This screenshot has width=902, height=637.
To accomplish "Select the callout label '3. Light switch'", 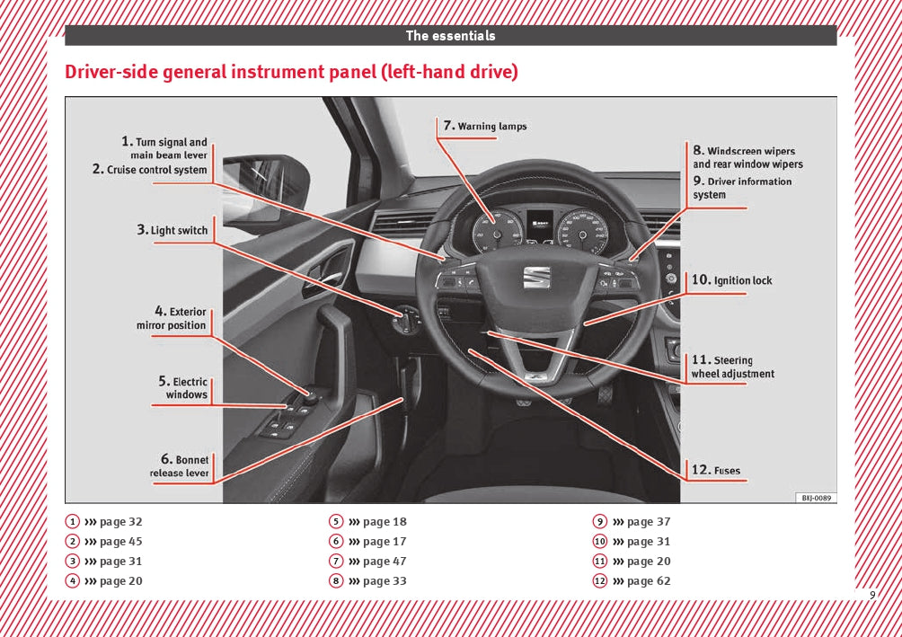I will click(x=172, y=230).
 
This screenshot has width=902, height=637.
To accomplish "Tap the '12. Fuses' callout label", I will click(x=716, y=469).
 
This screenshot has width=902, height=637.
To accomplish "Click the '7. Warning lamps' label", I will click(x=485, y=126).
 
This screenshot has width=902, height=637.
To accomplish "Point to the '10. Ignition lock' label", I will click(x=732, y=280).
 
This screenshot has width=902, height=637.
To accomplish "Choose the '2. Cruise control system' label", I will click(x=150, y=170).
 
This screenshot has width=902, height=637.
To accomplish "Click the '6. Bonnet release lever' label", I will click(x=180, y=466).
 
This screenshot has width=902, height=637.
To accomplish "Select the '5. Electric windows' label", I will click(x=184, y=388).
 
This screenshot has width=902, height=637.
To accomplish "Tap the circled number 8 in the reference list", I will click(x=336, y=581).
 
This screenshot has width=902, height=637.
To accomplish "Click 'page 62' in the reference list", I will click(x=649, y=581).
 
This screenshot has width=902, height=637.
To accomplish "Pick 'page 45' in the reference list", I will click(x=120, y=542).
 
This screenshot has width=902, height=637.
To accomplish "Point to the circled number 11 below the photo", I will click(x=600, y=562).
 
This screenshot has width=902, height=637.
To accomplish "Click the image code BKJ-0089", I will click(x=816, y=497).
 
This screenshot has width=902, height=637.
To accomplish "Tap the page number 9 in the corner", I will click(x=871, y=595).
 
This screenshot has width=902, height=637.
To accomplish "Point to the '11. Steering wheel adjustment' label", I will click(x=732, y=367).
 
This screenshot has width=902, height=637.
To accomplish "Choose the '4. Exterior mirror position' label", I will click(x=172, y=319).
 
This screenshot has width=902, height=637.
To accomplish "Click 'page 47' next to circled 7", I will click(x=385, y=562).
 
